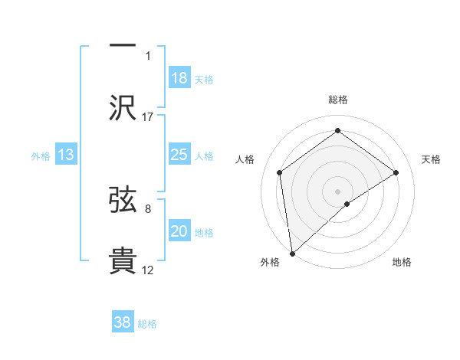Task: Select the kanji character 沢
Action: [x=123, y=107]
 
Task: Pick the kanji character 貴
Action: [x=123, y=260]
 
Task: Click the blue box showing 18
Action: [x=179, y=78]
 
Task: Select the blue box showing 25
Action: [x=179, y=155]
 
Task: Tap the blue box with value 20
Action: [x=179, y=231]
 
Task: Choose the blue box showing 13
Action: [x=66, y=155]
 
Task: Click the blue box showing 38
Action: [x=123, y=322]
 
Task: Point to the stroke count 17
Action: [x=149, y=116]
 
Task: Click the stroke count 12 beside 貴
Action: [x=149, y=270]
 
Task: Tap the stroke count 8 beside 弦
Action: [x=148, y=208]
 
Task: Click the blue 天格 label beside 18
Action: [x=204, y=80]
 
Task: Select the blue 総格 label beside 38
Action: [x=147, y=324]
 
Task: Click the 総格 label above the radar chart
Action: [x=337, y=100]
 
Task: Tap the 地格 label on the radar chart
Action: [x=402, y=262]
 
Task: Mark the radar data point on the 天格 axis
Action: [x=396, y=172]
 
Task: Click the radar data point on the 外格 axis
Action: [x=291, y=253]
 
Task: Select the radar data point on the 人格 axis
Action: [x=279, y=172]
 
